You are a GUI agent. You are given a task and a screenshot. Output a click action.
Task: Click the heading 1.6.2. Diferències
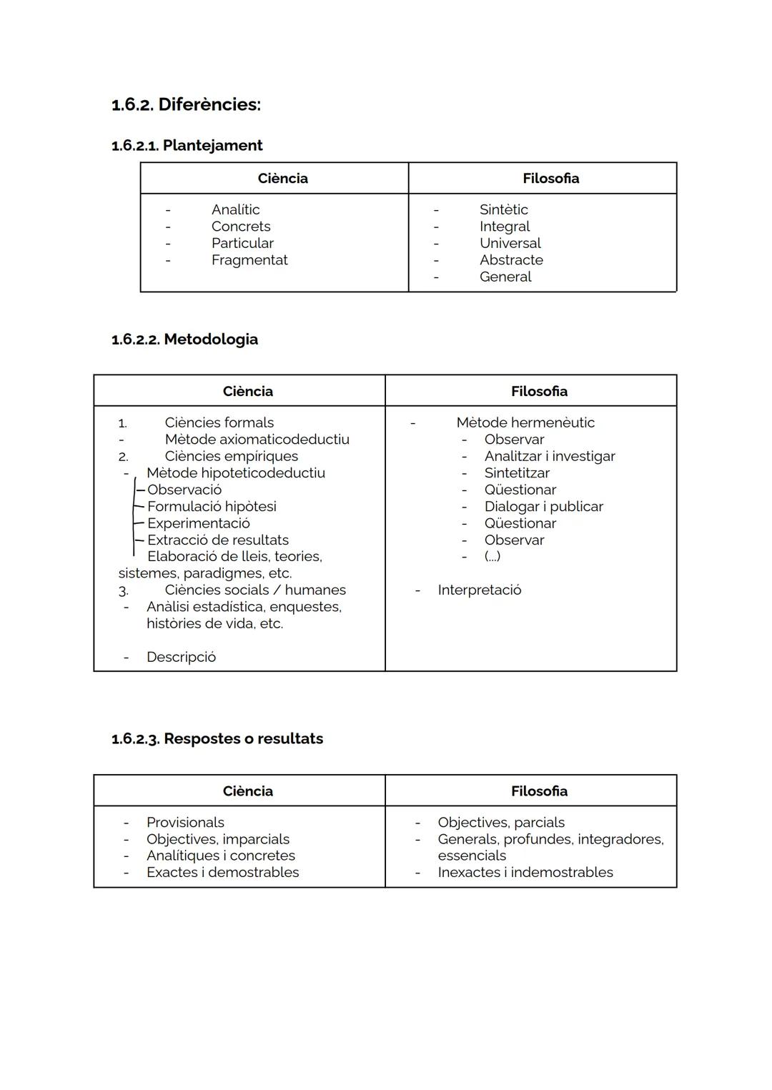tap(186, 104)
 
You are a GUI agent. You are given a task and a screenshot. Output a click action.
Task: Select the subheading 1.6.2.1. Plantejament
tap(187, 145)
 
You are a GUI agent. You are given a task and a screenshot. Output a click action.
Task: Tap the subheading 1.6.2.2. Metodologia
tap(184, 339)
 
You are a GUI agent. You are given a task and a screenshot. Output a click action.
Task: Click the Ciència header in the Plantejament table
tap(282, 178)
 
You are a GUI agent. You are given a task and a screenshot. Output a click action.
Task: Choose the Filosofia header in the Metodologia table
tap(539, 391)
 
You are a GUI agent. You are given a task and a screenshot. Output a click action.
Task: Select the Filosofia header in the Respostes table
tap(539, 791)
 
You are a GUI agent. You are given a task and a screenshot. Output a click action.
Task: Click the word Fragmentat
tap(249, 260)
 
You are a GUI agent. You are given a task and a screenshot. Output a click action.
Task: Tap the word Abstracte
tap(511, 260)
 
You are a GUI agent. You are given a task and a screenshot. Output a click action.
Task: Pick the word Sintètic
tap(503, 209)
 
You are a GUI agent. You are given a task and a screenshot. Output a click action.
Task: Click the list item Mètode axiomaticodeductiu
tap(257, 439)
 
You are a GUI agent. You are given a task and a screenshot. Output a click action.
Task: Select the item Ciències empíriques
tap(231, 456)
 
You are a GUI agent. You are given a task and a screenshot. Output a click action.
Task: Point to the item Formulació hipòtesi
tap(212, 506)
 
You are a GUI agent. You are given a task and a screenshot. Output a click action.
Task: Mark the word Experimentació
tap(198, 523)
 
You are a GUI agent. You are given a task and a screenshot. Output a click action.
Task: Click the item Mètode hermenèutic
tap(525, 422)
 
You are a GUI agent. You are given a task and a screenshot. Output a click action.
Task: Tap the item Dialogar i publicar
tap(543, 506)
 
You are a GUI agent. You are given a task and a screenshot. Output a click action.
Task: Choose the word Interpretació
tap(479, 590)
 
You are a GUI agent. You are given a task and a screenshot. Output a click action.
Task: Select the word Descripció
tap(181, 657)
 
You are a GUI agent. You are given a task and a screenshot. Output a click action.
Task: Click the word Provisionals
tap(185, 822)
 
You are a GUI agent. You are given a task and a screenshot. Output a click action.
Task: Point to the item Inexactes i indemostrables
tap(525, 872)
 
